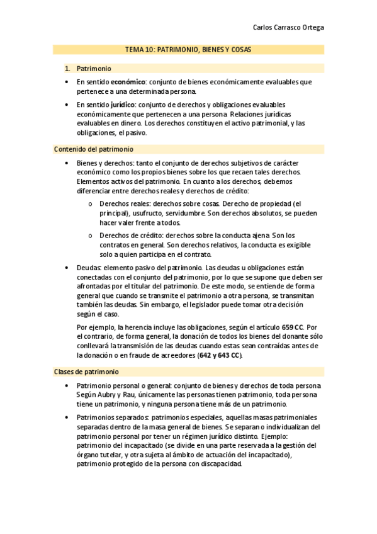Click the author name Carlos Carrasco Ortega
tap(289, 28)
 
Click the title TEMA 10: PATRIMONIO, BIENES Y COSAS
tap(188, 50)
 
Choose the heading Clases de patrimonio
tap(86, 372)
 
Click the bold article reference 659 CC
tap(293, 327)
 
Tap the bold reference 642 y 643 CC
tap(219, 355)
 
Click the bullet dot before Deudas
tap(68, 268)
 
